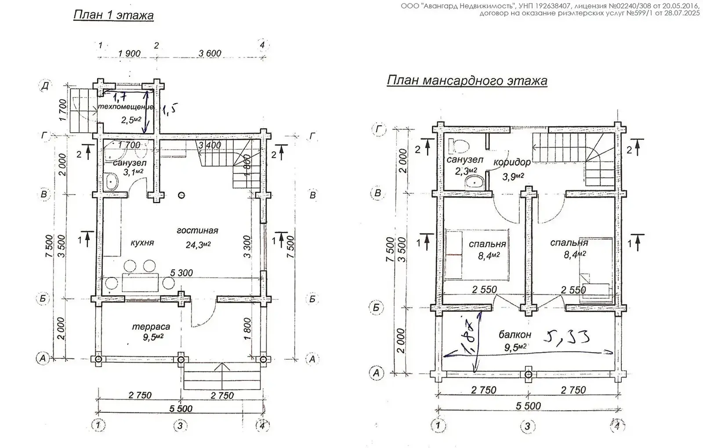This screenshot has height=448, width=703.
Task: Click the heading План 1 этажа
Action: pyautogui.click(x=113, y=16)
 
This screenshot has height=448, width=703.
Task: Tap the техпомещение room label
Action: pyautogui.click(x=125, y=107)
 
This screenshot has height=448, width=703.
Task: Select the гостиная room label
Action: pyautogui.click(x=197, y=231)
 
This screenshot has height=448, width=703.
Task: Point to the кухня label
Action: pyautogui.click(x=142, y=242)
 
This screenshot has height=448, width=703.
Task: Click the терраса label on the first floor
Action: pyautogui.click(x=151, y=327)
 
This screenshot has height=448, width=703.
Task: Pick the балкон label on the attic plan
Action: pyautogui.click(x=515, y=335)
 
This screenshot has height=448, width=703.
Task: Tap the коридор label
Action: pyautogui.click(x=512, y=162)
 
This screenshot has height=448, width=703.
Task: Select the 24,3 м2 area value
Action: pyautogui.click(x=198, y=245)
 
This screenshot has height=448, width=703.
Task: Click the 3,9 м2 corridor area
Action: pyautogui.click(x=513, y=177)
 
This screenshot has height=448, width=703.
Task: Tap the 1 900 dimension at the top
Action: pyautogui.click(x=129, y=54)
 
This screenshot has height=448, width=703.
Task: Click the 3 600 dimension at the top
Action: pyautogui.click(x=210, y=54)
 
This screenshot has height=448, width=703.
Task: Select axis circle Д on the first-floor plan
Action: pyautogui.click(x=44, y=85)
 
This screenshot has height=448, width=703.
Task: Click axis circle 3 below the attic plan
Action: pyautogui.click(x=527, y=426)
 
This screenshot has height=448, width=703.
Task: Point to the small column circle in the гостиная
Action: pyautogui.click(x=181, y=195)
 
